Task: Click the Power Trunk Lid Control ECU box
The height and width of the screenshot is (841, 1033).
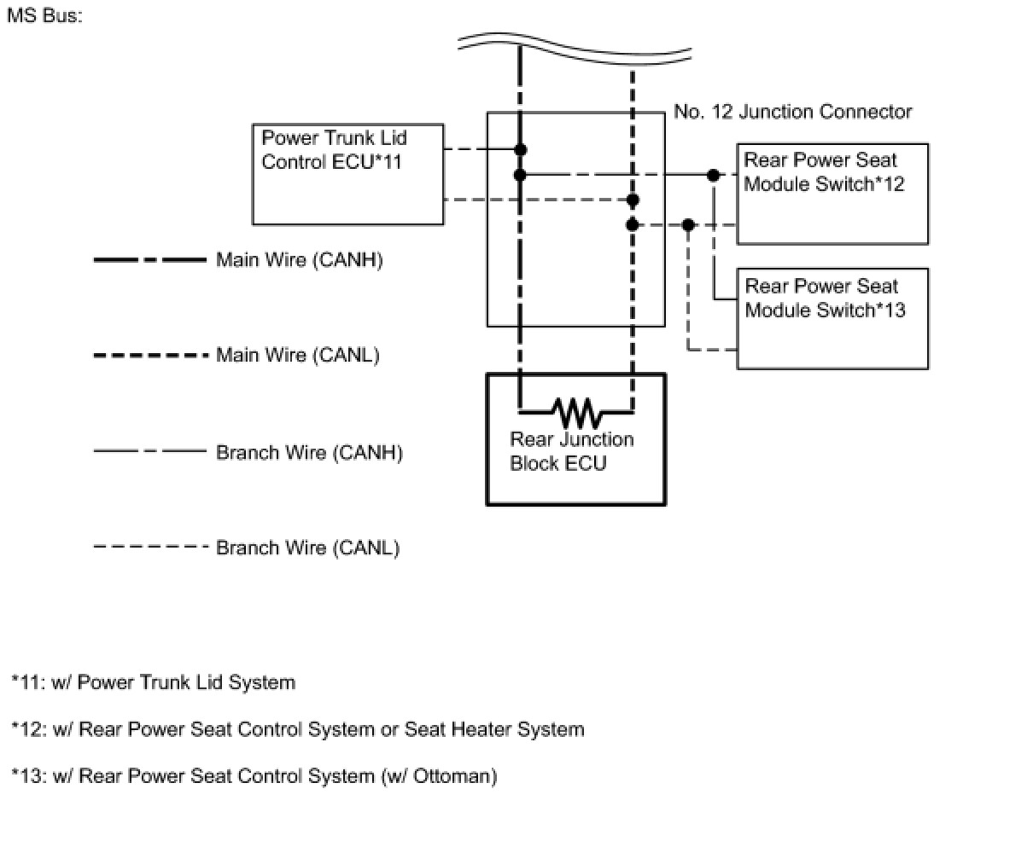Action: pos(347,175)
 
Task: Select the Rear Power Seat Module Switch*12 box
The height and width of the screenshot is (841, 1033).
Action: pos(832,194)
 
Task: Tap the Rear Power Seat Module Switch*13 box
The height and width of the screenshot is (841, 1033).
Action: pos(832,319)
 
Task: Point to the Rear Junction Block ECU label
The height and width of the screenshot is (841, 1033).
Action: pos(572,451)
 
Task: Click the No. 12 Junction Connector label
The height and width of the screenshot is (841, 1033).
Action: pos(792,112)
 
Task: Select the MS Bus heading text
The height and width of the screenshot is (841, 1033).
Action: pos(44,16)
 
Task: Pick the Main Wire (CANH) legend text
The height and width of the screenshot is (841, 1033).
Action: pos(299,260)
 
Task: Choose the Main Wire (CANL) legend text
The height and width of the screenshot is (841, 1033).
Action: pos(297,355)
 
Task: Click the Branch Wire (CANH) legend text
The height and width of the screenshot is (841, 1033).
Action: pos(309,452)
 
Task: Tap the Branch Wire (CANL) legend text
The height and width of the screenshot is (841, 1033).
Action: pos(307,548)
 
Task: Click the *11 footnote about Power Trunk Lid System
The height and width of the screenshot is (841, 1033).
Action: pos(154,682)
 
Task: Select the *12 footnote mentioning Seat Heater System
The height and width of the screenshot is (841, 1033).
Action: pos(298,729)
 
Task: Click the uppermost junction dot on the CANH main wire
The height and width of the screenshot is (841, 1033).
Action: pos(520,150)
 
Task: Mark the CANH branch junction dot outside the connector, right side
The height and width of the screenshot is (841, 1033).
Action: pos(713,175)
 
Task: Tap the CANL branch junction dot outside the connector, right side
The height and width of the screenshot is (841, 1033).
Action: pos(688,225)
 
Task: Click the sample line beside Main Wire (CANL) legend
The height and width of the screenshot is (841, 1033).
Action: pos(150,355)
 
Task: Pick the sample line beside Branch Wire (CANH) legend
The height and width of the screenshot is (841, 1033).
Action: pos(150,451)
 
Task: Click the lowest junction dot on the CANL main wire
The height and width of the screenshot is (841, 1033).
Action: pos(632,225)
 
